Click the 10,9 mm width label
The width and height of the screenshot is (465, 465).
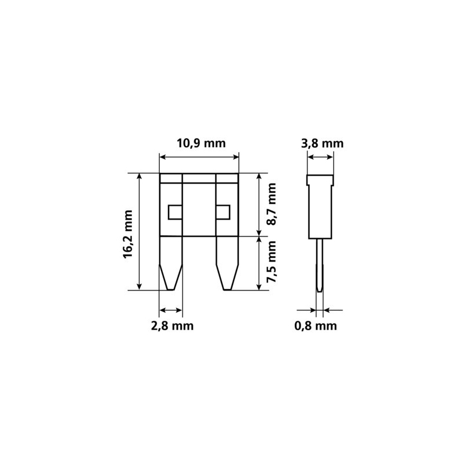pyautogui.click(x=201, y=143)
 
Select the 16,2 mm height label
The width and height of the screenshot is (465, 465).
pyautogui.click(x=128, y=234)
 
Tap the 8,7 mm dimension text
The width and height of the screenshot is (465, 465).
pyautogui.click(x=271, y=205)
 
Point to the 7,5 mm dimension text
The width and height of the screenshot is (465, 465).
pyautogui.click(x=271, y=262)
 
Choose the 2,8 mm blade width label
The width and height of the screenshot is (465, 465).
pyautogui.click(x=172, y=326)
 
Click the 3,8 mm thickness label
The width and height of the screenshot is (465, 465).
pyautogui.click(x=322, y=144)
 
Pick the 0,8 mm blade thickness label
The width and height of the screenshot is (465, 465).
pyautogui.click(x=316, y=326)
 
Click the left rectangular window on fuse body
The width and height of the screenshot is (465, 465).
pyautogui.click(x=175, y=212)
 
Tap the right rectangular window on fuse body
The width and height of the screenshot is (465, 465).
pyautogui.click(x=223, y=212)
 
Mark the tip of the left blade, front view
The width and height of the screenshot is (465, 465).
pyautogui.click(x=170, y=289)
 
